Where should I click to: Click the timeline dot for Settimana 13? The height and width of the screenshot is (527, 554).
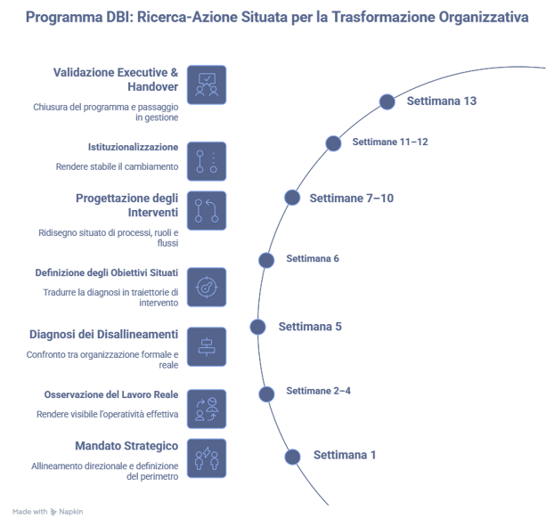click(x=387, y=101)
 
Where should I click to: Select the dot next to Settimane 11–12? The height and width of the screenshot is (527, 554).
click(x=333, y=143)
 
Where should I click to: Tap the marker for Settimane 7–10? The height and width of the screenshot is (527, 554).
click(x=291, y=198)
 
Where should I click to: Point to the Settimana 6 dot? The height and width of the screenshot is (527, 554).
click(x=265, y=260)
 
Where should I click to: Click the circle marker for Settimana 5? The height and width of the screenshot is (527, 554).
click(x=257, y=327)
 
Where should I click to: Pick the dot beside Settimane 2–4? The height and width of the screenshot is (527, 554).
click(x=266, y=393)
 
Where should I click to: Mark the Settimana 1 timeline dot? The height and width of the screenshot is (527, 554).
click(x=292, y=457)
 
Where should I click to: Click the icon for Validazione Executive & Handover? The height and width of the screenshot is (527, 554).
click(x=207, y=85)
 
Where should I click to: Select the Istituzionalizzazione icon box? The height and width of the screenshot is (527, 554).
click(x=207, y=161)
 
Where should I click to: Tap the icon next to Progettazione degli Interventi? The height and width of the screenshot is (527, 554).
click(x=207, y=211)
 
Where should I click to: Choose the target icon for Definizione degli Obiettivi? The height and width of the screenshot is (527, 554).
click(x=207, y=287)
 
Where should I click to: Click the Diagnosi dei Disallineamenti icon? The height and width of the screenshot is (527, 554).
click(x=207, y=345)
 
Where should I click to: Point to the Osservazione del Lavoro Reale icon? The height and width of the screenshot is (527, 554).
click(x=207, y=409)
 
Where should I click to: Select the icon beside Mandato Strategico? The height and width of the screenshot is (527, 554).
click(x=207, y=458)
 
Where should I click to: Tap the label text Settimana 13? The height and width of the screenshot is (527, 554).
click(x=441, y=101)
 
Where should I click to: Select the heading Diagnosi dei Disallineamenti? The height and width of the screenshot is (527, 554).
click(x=103, y=334)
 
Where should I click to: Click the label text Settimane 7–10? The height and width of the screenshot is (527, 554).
click(x=351, y=198)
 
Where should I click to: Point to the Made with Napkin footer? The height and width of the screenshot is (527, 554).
click(x=48, y=512)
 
